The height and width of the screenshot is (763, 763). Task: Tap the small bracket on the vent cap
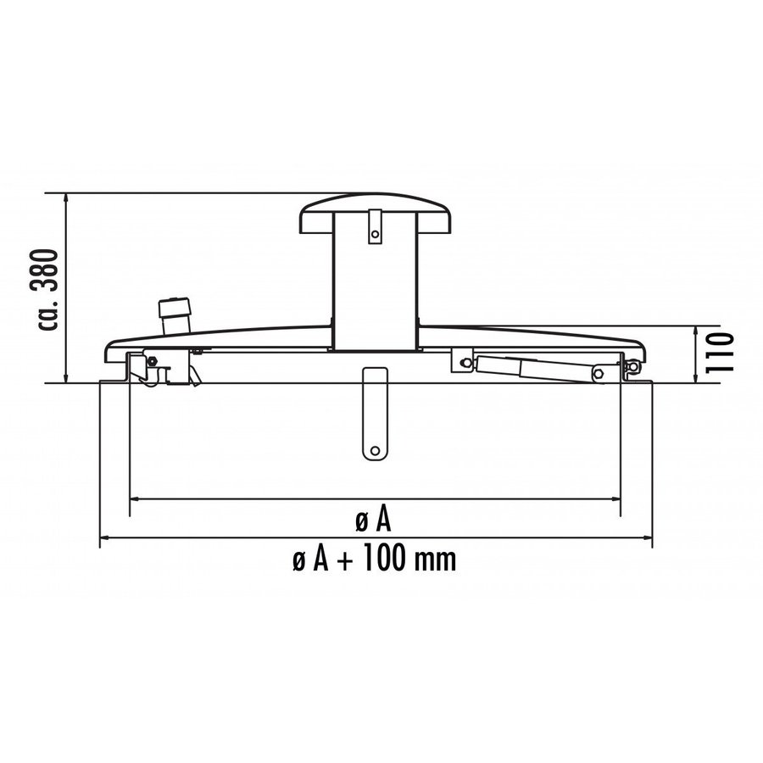(x=374, y=231)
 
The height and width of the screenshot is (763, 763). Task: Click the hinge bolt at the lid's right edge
(x=632, y=366)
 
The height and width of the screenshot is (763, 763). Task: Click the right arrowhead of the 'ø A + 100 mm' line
(x=649, y=537)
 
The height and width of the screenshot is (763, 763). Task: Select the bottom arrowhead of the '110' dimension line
(x=695, y=379)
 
